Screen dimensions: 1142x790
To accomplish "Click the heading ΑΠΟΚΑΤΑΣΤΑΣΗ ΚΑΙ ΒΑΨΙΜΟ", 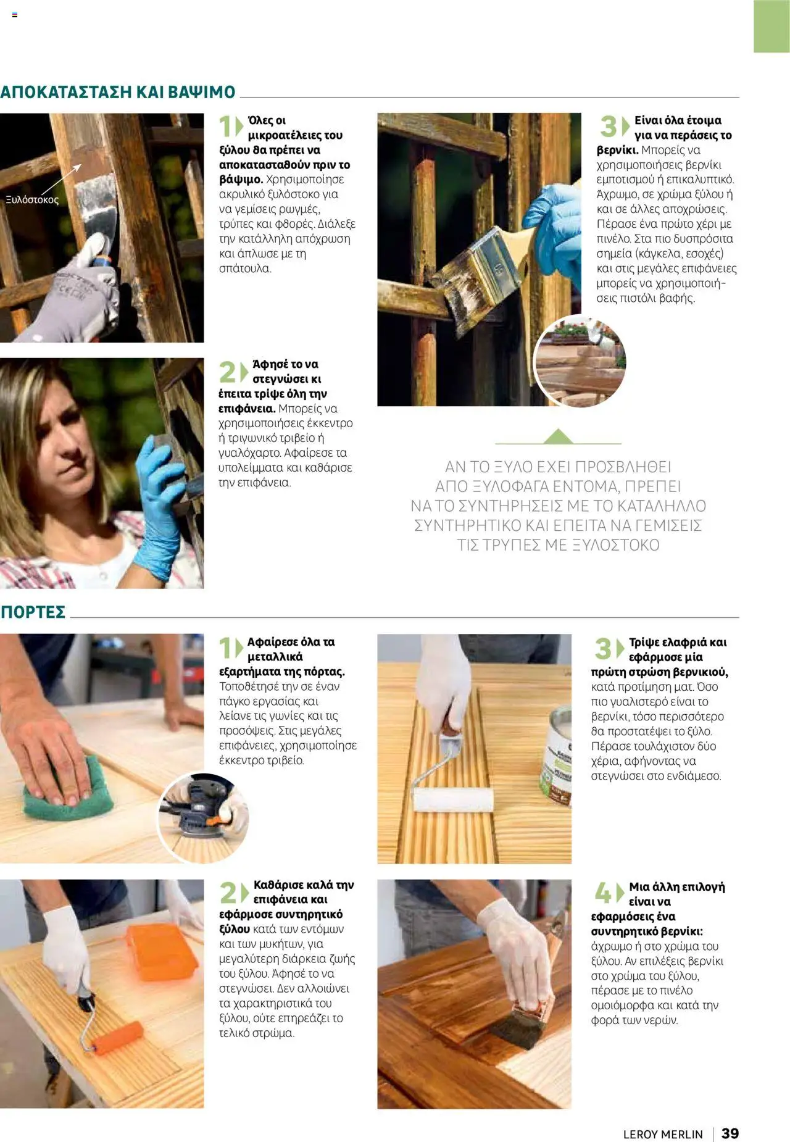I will tap(118, 92).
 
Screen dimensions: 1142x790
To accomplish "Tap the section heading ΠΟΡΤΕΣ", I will tap(33, 612).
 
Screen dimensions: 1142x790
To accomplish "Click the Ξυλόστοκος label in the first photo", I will tap(32, 200).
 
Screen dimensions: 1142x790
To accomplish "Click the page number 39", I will tap(730, 1133).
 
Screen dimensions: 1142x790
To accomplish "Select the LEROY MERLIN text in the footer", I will tap(663, 1134).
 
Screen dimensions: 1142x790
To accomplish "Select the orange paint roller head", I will tap(118, 1038).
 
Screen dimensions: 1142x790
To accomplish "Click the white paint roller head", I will tap(453, 799).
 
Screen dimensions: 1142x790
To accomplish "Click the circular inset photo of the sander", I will tap(202, 817).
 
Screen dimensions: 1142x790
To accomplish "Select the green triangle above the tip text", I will tap(558, 436).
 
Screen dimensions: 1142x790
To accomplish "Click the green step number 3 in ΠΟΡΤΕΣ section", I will tap(602, 649).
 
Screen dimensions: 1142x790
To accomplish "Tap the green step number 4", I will tap(603, 893).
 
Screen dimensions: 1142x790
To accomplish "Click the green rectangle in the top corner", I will tap(771, 26).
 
